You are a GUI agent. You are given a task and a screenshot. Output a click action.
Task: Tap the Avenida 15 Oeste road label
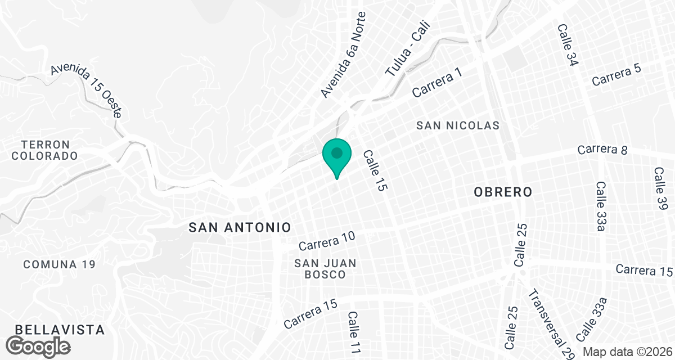86,91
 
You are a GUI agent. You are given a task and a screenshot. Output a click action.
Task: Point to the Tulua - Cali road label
408,49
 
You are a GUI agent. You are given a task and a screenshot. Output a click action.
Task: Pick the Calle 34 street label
568,45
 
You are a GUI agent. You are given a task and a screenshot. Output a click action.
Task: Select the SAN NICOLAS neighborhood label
458,125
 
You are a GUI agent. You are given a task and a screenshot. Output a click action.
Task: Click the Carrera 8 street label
601,150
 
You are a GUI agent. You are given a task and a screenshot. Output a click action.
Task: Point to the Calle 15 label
376,171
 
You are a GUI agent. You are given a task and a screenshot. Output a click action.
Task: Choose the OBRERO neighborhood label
503,192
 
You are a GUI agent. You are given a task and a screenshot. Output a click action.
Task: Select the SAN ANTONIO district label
240,227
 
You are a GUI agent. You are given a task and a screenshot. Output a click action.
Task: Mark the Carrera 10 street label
327,241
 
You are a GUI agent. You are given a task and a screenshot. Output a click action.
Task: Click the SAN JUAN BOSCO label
326,269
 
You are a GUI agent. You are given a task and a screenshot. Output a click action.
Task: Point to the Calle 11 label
353,332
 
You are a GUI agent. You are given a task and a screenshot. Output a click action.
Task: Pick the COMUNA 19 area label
60,264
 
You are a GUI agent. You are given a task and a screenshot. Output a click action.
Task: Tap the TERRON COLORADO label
44,150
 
